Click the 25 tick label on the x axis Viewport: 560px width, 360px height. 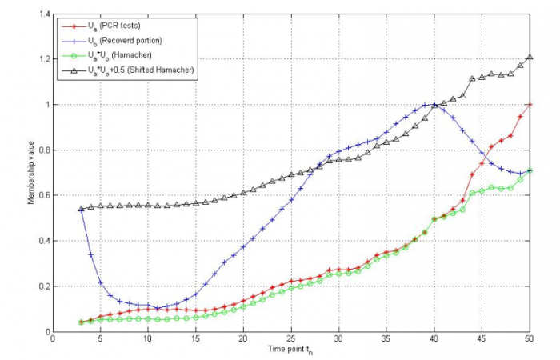pos(291,338)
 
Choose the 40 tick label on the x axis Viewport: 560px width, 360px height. pos(434,338)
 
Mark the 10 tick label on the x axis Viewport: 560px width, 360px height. pos(148,338)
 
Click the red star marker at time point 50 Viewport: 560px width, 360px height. pos(530,105)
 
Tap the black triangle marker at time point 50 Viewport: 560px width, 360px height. pos(530,58)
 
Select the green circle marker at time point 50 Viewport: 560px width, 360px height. pos(530,170)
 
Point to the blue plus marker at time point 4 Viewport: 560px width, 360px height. pos(90,254)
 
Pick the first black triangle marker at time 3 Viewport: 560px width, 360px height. pos(81,210)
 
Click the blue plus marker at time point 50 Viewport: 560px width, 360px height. pos(530,170)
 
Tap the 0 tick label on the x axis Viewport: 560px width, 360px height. pos(53,338)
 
